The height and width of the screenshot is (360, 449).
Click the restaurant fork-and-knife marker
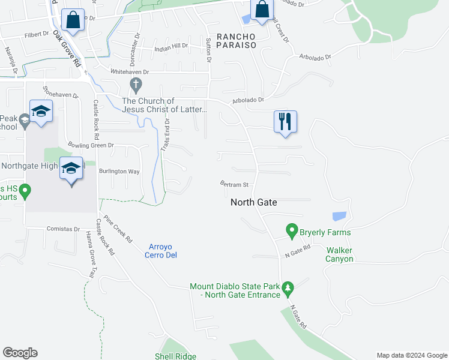pos(284,121)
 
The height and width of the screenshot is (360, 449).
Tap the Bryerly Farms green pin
pos(292,230)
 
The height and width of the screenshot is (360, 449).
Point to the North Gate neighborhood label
pos(254,203)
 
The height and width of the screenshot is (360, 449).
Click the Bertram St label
pos(234,184)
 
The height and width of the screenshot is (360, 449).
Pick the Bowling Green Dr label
pos(91,145)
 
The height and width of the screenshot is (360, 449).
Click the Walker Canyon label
pos(340,254)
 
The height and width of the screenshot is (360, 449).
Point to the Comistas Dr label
pos(64,229)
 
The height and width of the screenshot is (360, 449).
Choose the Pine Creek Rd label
pos(118,228)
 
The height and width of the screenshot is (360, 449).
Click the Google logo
pos(20,353)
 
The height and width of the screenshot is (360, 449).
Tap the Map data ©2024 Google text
pos(412,355)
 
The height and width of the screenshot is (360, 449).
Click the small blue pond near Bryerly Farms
pos(339,217)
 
